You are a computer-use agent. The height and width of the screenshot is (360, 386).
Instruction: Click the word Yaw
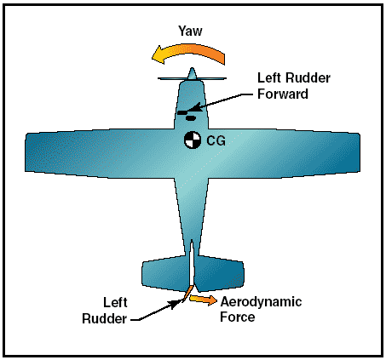[x=190, y=31]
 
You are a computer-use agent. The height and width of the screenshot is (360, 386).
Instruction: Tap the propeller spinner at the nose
[x=192, y=74]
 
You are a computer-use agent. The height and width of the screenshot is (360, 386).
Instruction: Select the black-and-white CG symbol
[x=193, y=140]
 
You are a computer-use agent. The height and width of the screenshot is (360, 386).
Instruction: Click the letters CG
[x=216, y=140]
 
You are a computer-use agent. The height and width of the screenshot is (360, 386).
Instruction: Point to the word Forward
[x=283, y=94]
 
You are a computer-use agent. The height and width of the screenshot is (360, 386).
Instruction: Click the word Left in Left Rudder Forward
[x=269, y=77]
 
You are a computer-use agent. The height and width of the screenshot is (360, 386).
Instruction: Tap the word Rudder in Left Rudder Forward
[x=308, y=77]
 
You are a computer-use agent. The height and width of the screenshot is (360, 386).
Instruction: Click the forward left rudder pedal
[x=183, y=112]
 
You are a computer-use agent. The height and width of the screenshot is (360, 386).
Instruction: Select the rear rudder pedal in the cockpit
[x=190, y=118]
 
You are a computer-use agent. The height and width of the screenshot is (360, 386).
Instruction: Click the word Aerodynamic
[x=261, y=302]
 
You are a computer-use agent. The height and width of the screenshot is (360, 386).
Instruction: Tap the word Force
[x=238, y=317]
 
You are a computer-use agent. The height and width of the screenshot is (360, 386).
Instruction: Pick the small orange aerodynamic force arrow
[x=203, y=300]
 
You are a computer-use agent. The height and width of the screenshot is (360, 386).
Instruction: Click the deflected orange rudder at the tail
[x=187, y=294]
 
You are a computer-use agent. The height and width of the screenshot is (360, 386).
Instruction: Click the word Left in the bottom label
[x=115, y=302]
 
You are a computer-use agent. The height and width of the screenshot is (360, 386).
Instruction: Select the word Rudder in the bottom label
[x=104, y=318]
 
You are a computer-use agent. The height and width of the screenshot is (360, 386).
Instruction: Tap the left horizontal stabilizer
[x=165, y=273]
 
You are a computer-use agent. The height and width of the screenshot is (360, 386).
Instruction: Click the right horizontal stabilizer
[x=219, y=273]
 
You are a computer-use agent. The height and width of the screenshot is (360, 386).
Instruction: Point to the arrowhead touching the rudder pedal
[x=196, y=107]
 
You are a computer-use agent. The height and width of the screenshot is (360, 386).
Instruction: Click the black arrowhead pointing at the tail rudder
[x=176, y=304]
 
